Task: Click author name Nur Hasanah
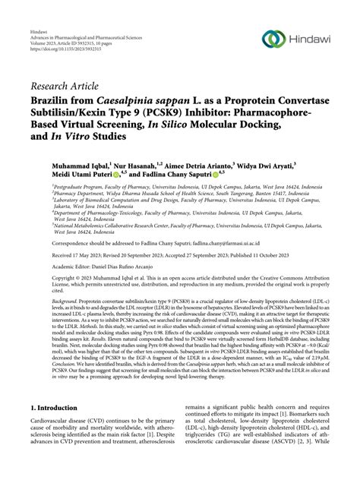point(139,163)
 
